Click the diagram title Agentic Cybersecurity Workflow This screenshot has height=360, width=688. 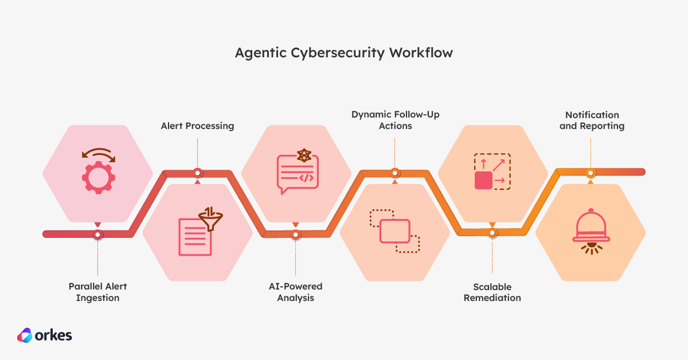point(343,53)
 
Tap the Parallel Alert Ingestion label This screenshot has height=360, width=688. point(97,292)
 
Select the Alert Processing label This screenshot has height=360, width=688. point(197,126)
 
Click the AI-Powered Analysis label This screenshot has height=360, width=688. point(295,292)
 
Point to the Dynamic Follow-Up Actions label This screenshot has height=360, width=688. point(395,120)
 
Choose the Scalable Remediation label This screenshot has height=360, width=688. point(492,292)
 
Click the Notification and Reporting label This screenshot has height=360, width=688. point(592,120)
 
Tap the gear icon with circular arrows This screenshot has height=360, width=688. point(98,171)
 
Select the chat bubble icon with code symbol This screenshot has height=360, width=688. point(296,174)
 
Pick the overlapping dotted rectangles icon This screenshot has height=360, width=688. point(394,232)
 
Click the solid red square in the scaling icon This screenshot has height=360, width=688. point(483,180)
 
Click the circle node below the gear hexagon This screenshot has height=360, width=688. point(98,234)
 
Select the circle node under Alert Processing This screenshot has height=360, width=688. point(197,172)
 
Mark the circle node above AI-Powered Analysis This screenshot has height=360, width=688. point(296,234)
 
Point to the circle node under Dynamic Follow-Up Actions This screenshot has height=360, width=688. point(395,172)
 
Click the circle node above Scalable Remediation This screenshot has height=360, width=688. point(492,233)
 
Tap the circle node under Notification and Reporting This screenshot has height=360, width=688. point(591,172)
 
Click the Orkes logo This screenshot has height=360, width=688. point(44,335)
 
